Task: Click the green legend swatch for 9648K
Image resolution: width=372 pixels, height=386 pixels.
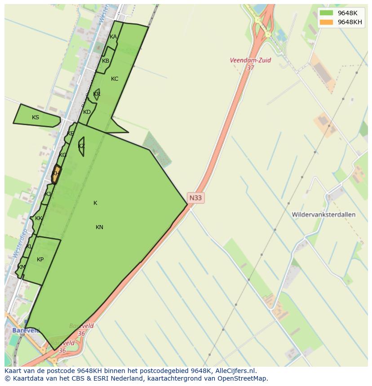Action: [327, 13]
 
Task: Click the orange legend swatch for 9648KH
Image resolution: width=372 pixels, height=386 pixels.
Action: [327, 22]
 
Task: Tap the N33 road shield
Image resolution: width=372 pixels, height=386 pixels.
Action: [195, 198]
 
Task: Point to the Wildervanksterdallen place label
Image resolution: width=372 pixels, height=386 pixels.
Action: [323, 215]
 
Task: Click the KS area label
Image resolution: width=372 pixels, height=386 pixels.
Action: [35, 117]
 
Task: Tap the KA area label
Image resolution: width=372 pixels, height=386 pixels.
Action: [113, 37]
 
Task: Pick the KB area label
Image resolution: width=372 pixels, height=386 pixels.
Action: [106, 61]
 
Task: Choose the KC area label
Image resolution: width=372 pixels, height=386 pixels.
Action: [115, 79]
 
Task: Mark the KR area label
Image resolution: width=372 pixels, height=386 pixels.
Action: [97, 94]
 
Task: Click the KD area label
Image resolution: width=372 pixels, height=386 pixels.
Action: [87, 112]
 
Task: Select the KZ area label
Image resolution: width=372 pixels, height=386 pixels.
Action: [81, 146]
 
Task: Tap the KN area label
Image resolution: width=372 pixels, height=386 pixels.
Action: [99, 227]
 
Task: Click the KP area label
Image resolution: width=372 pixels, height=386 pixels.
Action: [40, 260]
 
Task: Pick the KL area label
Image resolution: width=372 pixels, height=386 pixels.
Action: [29, 247]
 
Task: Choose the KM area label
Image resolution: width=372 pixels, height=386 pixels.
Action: [22, 267]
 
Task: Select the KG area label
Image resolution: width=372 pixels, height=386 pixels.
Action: [62, 155]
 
